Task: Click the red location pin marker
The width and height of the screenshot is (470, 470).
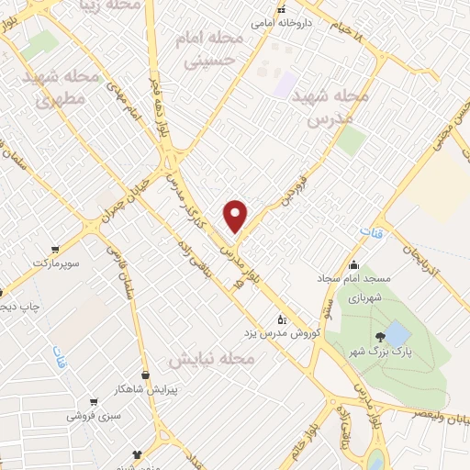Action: point(237,217)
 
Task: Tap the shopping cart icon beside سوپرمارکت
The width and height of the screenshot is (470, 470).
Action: point(56,248)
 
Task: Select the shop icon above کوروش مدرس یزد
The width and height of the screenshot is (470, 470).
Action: point(282,319)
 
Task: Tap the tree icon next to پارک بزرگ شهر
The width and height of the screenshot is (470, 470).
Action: point(382,335)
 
